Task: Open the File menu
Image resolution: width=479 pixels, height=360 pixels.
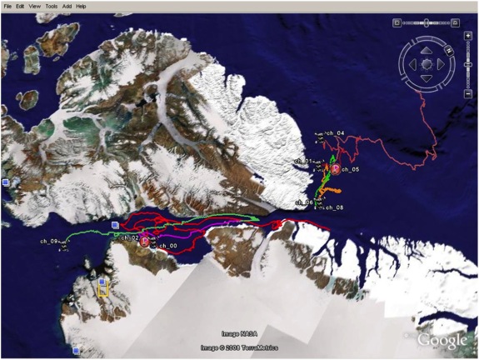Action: point(7,6)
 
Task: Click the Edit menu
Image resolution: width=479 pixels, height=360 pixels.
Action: point(22,6)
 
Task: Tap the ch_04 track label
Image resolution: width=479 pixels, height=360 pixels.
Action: point(335,133)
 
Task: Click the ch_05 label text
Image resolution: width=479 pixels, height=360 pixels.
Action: point(350,170)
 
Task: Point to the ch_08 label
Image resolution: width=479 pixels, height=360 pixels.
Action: point(333,208)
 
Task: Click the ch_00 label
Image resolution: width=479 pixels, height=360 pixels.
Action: point(167,246)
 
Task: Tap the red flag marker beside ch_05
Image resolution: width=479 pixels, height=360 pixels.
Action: point(336,168)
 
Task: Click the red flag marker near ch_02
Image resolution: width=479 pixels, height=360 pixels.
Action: point(144,242)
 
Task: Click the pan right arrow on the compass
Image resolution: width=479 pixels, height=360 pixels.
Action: point(442,63)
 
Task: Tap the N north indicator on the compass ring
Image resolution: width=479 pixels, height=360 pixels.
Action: point(427,37)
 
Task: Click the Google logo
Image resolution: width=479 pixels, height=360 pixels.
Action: point(442,340)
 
